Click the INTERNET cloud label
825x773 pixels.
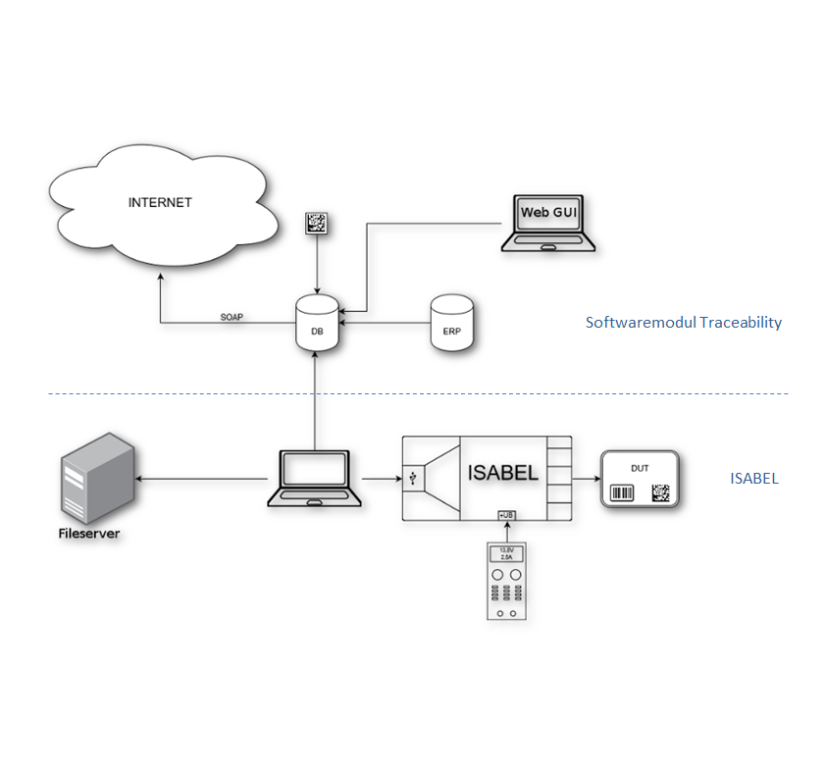(x=160, y=203)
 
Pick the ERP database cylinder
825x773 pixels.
(x=451, y=323)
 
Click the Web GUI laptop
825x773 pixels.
(x=547, y=225)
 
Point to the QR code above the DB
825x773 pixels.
(x=317, y=223)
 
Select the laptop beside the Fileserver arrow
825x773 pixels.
(x=314, y=479)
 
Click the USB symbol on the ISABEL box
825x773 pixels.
(x=414, y=479)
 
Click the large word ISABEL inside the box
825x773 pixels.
(x=503, y=473)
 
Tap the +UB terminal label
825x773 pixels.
(x=506, y=514)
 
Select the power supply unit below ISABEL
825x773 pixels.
(x=506, y=583)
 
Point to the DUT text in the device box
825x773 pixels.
(x=640, y=468)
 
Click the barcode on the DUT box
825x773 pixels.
(x=623, y=492)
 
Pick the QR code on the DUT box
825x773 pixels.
(x=659, y=492)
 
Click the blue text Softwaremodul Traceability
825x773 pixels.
(x=683, y=322)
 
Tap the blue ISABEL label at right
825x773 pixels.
(x=753, y=479)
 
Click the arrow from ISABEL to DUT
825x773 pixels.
(x=585, y=479)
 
